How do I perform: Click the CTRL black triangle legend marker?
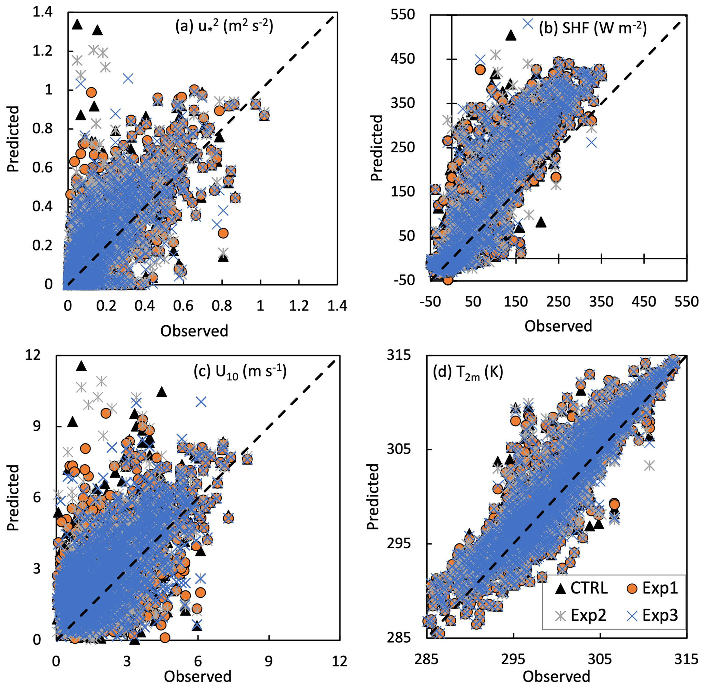point(561,589)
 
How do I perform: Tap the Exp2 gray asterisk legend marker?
point(561,615)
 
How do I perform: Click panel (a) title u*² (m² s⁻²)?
point(224,27)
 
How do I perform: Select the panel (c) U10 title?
point(240,372)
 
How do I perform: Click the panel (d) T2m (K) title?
point(468,372)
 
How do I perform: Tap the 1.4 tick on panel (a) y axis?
point(42,13)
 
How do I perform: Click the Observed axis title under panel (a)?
point(194,331)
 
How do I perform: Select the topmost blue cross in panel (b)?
point(528,24)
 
